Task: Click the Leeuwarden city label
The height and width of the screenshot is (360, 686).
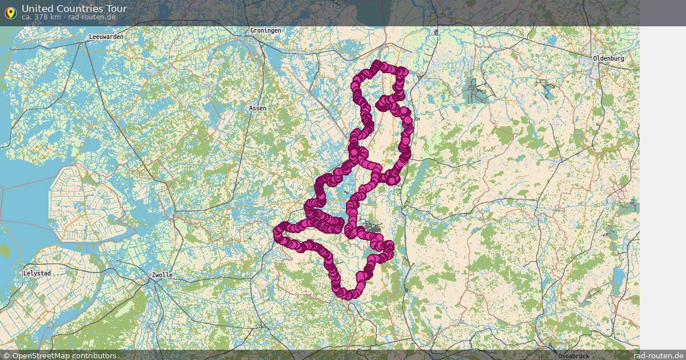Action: [106, 37]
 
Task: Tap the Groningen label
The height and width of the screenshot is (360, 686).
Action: [265, 30]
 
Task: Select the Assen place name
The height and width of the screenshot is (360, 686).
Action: [258, 108]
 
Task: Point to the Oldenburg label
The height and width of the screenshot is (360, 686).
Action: [608, 58]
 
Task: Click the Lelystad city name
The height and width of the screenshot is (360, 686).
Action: [37, 273]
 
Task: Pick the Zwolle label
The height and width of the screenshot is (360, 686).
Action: [162, 275]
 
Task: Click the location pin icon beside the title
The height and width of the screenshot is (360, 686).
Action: [10, 12]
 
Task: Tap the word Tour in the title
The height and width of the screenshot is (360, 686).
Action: [117, 9]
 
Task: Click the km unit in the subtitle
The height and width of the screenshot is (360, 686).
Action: [54, 17]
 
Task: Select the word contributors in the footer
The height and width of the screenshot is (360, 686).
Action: [97, 355]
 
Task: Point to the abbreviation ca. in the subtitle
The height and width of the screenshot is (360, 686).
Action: [27, 17]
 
